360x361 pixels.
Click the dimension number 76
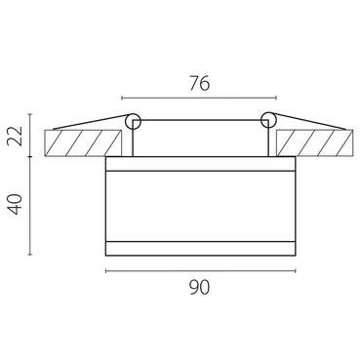[x=200, y=84]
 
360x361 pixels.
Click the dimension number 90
[x=200, y=287]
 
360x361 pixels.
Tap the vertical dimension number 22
[x=16, y=136]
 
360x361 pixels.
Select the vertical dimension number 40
[x=16, y=204]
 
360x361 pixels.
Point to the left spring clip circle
[x=133, y=121]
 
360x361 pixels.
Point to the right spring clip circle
[x=268, y=120]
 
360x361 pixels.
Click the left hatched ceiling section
[x=83, y=143]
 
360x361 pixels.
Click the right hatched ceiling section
[x=314, y=143]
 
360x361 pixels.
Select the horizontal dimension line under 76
[x=199, y=98]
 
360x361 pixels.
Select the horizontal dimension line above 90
[x=201, y=270]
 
